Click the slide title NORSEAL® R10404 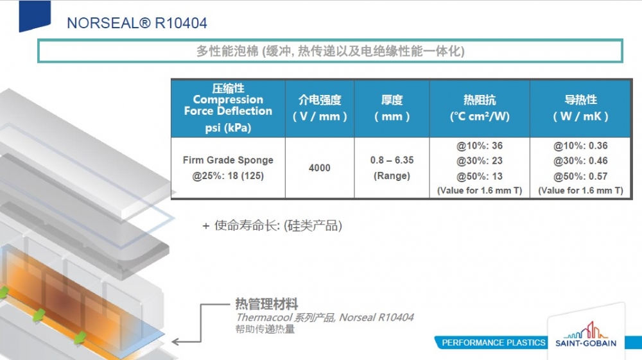(x=137, y=24)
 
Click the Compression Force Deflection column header (x=228, y=105)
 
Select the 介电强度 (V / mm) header (x=320, y=108)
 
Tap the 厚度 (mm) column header (x=392, y=108)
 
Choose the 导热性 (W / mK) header (x=580, y=108)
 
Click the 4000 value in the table (x=320, y=168)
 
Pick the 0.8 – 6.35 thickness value (x=392, y=160)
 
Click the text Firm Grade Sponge (x=228, y=160)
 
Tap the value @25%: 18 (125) (x=228, y=175)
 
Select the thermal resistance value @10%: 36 (x=480, y=146)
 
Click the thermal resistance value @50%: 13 (x=480, y=176)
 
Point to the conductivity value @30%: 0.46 (x=580, y=161)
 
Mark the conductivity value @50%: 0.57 (x=580, y=176)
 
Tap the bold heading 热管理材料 (x=266, y=304)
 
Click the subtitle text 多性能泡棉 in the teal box (x=228, y=51)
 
